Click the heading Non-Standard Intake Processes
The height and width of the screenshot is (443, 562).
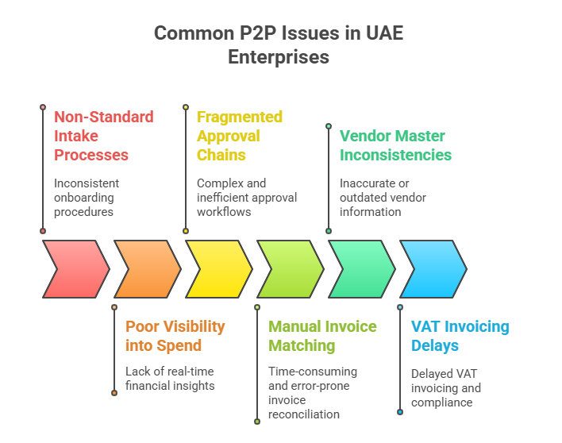(103, 136)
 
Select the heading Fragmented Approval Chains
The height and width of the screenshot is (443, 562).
(240, 136)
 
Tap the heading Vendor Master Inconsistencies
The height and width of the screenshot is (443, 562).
(395, 145)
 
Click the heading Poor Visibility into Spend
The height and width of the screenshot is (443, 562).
(175, 336)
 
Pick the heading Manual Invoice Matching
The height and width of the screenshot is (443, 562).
(322, 336)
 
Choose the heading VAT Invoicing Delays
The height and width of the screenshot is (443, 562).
(460, 336)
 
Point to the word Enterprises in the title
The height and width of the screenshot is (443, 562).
(279, 57)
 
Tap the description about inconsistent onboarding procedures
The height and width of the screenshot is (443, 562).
(87, 198)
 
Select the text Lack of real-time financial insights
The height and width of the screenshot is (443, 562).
(170, 379)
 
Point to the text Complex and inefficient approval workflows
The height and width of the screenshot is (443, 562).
(235, 198)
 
